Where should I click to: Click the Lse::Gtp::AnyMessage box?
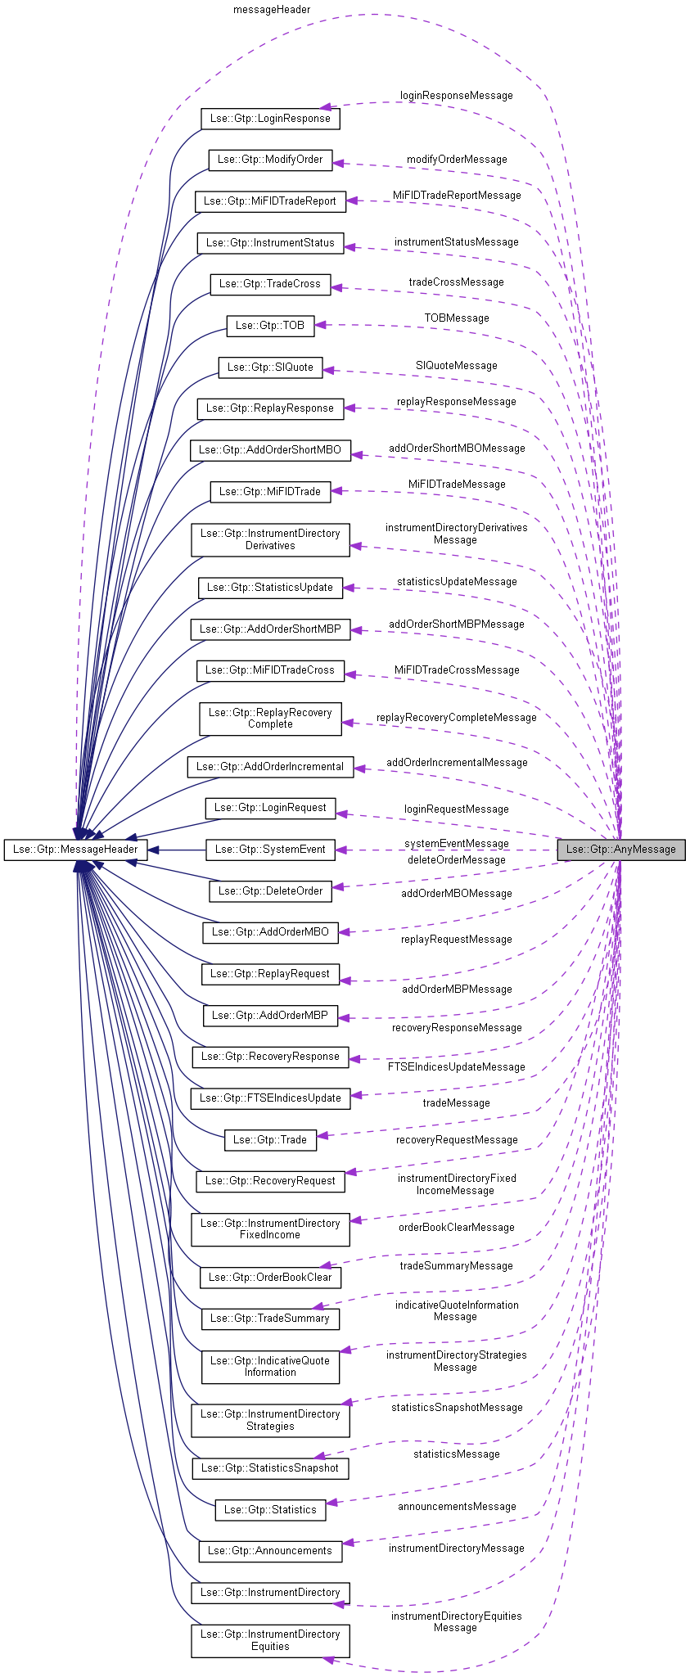click(620, 849)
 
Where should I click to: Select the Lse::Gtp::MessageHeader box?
click(74, 850)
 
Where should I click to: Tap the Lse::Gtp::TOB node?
click(269, 325)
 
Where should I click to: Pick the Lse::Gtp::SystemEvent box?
click(269, 850)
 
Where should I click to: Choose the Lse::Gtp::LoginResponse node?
click(269, 119)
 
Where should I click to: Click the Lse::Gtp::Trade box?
click(269, 1139)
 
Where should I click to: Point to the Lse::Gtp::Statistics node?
click(269, 1509)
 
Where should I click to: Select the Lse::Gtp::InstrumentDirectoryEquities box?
click(269, 1640)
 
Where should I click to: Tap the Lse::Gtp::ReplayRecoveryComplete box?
click(269, 719)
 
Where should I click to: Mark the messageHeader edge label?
click(271, 10)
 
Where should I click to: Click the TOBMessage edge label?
click(456, 318)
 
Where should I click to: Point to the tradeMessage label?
click(456, 1102)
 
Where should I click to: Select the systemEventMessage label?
click(456, 843)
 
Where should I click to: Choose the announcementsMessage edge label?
click(456, 1506)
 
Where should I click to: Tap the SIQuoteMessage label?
click(456, 366)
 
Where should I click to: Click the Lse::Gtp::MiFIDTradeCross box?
click(269, 670)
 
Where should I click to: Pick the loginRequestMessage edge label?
click(456, 809)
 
